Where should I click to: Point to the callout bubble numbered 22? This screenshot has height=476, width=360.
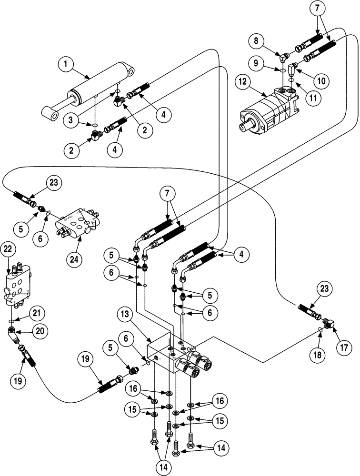(8, 249)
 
